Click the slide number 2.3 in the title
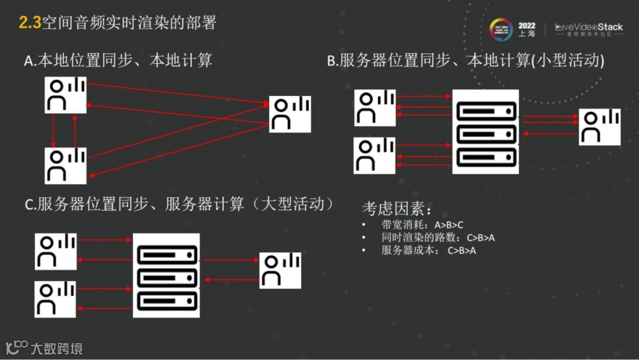[x=30, y=23]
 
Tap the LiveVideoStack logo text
[x=589, y=27]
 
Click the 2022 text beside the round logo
[x=527, y=25]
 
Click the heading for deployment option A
[x=118, y=60]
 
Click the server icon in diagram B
[x=485, y=131]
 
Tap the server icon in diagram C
[x=166, y=275]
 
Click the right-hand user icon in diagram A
[x=290, y=114]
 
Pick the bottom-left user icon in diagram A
[x=66, y=165]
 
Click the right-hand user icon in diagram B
[x=599, y=127]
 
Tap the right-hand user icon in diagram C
[x=280, y=271]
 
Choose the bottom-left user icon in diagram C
[x=56, y=298]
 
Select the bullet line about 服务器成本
[x=429, y=250]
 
